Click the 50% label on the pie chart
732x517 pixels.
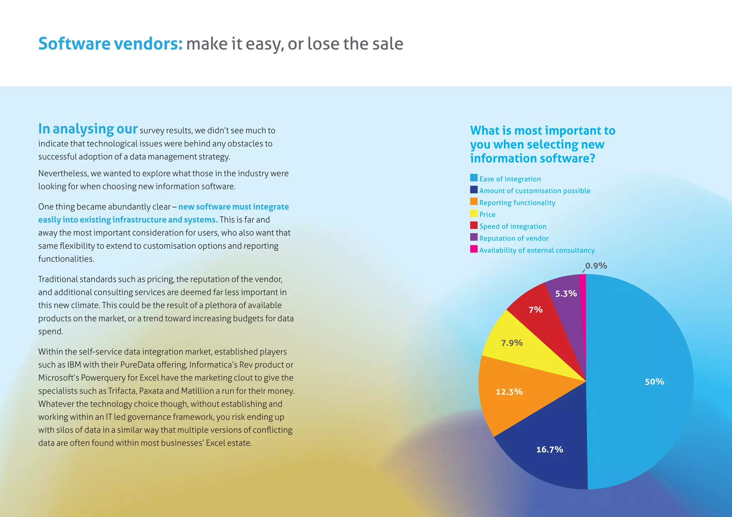[654, 382]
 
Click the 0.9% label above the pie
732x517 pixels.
[596, 266]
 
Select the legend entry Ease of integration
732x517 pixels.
[510, 179]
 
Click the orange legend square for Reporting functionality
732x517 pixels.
[474, 202]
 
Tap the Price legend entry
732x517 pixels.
[487, 215]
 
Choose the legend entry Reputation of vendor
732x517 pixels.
[514, 238]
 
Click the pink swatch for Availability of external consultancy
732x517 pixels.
[474, 249]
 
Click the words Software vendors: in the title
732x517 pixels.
[110, 44]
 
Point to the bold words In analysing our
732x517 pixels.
[88, 129]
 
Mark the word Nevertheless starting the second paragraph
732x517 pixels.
[63, 174]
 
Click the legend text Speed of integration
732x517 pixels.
[513, 226]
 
